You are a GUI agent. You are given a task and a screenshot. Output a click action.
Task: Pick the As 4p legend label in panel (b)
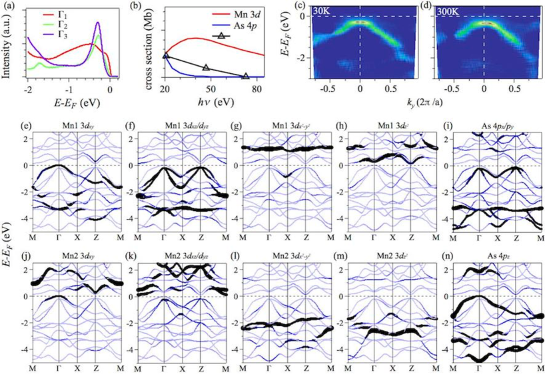pyautogui.click(x=237, y=23)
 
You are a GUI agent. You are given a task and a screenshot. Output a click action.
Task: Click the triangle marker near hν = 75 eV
pyautogui.click(x=246, y=77)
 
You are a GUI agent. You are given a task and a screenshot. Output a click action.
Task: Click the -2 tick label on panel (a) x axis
pyautogui.click(x=27, y=91)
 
